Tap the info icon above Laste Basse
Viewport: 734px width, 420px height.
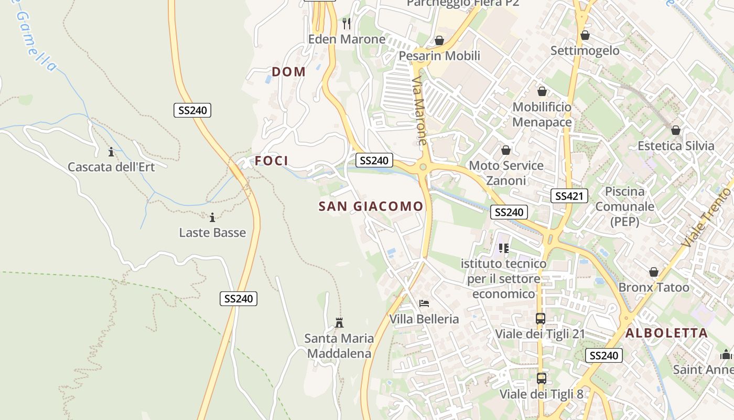(x=212, y=217)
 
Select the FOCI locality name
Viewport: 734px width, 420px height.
(x=272, y=161)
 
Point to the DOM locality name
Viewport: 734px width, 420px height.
(x=288, y=72)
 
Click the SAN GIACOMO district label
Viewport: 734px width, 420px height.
(x=371, y=206)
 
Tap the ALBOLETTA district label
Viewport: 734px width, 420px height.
(x=666, y=333)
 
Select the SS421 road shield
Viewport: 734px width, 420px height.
(x=569, y=196)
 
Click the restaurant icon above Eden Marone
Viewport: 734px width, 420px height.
(x=347, y=24)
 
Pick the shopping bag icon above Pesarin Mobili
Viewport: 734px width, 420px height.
(x=439, y=40)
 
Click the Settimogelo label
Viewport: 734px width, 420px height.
(x=585, y=51)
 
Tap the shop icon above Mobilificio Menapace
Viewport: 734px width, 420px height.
(x=542, y=91)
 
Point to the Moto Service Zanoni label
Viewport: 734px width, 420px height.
(x=506, y=173)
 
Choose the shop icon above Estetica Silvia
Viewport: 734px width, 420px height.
(x=676, y=130)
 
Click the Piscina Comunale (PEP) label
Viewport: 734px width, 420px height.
(x=624, y=206)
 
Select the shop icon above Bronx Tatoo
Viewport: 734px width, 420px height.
(x=653, y=272)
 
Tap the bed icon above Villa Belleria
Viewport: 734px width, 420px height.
(x=424, y=303)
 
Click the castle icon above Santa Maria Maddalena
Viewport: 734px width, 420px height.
(x=339, y=322)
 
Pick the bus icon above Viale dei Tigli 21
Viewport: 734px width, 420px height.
(x=540, y=318)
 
